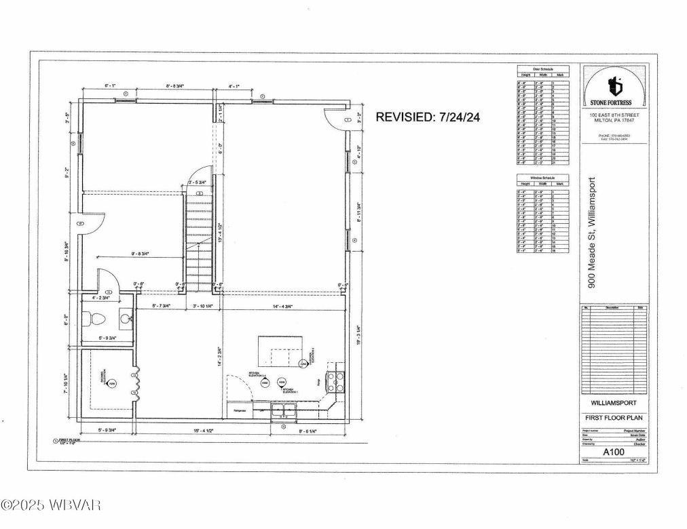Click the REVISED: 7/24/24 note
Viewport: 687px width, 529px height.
click(x=428, y=117)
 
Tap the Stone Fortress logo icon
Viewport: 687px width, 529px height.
click(x=615, y=85)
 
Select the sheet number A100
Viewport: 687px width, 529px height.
click(x=614, y=448)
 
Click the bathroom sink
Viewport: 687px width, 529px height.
click(x=126, y=317)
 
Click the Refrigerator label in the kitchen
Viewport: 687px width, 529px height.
click(x=240, y=411)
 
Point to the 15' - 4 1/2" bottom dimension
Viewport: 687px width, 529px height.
click(x=175, y=430)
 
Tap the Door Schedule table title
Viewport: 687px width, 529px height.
click(x=542, y=70)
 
